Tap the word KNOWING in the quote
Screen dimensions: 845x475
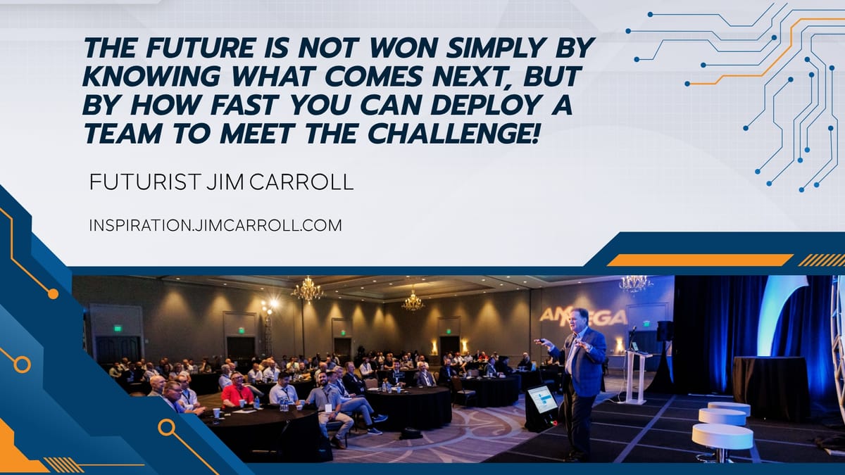pos(151,76)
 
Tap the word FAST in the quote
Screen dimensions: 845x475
pos(245,104)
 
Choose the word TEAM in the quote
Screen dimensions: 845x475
pos(123,133)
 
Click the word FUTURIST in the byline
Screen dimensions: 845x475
pos(144,182)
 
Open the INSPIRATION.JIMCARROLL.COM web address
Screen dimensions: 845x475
pos(215,225)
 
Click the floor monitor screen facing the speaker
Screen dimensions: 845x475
pos(542,399)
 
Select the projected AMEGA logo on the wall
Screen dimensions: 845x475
pos(583,316)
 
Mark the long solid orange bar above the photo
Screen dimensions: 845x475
pos(700,260)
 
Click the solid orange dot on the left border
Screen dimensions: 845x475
pos(54,294)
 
